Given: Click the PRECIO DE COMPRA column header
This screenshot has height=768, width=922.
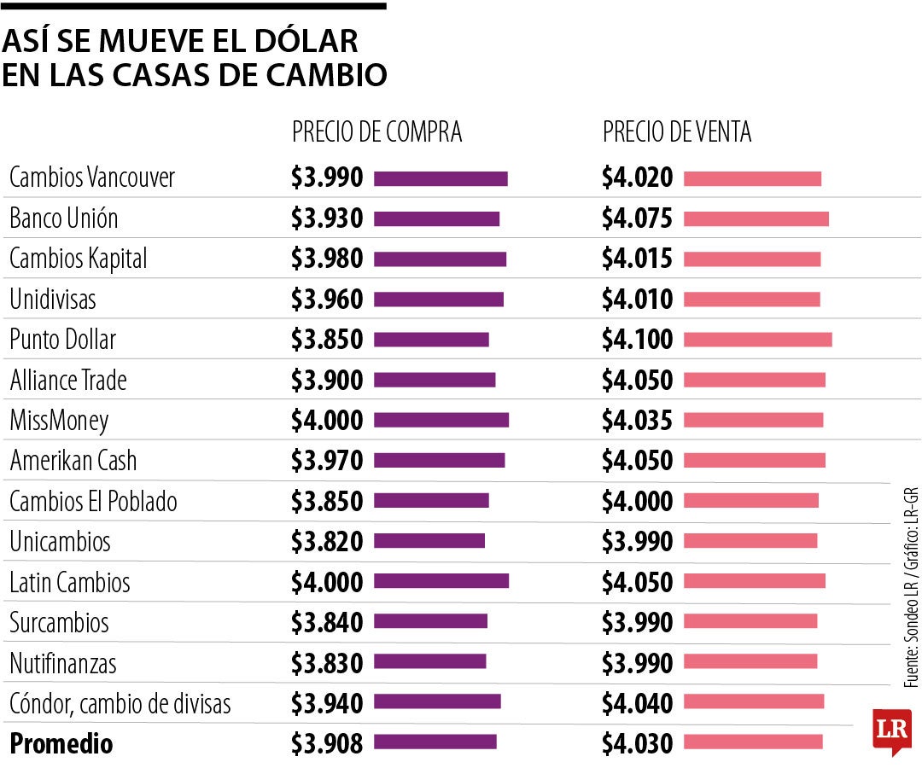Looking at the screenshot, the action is point(376,132).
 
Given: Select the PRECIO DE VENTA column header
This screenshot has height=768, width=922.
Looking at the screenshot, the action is point(677,132).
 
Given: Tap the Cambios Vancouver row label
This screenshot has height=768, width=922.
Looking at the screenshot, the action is point(92,177).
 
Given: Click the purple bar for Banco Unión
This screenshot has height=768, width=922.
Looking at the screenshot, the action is point(436,218).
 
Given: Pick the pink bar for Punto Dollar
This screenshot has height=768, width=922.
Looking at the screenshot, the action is point(757,340).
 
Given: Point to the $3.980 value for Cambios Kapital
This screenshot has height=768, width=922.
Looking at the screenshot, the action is point(327,259).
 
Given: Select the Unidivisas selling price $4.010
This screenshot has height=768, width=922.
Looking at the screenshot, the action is point(637,300).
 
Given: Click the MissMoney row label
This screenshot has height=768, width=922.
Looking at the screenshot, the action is point(59,420).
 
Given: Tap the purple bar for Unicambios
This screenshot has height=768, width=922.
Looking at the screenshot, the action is point(429,541).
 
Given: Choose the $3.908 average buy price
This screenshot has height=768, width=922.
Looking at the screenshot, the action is point(327,743).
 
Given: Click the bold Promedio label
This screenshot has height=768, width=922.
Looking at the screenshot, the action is point(61,743).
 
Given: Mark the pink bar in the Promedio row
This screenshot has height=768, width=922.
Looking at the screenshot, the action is point(753,742).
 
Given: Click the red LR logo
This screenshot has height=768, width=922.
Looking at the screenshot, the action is point(890,730).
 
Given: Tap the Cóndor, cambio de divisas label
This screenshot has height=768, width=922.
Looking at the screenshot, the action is point(120,704).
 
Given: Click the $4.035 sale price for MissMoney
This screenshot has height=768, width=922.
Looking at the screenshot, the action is point(637,420).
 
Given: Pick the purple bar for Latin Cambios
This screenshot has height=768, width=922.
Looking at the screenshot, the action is point(441,581).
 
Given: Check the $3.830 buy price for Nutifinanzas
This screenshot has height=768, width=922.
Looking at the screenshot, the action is point(327,662).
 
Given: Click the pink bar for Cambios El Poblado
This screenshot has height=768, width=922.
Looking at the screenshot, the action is point(750,501).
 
